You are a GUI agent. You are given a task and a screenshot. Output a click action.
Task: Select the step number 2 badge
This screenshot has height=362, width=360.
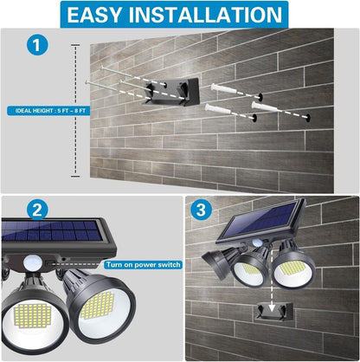point(36,210)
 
